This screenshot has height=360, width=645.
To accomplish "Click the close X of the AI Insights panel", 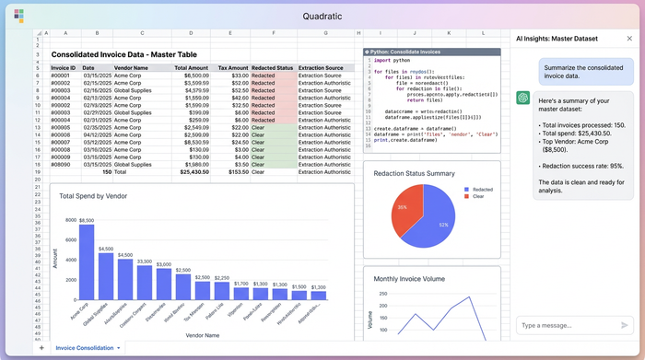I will pyautogui.click(x=629, y=39).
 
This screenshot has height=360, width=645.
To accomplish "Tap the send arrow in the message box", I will pyautogui.click(x=625, y=325).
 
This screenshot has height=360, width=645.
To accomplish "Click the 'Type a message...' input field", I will pyautogui.click(x=567, y=325).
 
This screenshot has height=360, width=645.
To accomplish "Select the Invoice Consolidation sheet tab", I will pyautogui.click(x=86, y=348).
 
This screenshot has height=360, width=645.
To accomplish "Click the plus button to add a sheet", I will pyautogui.click(x=41, y=348).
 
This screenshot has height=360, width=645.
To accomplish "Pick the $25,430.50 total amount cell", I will pyautogui.click(x=191, y=171).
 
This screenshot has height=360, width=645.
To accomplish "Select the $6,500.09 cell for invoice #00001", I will pyautogui.click(x=191, y=75).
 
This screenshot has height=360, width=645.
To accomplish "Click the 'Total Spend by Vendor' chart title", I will pyautogui.click(x=93, y=196).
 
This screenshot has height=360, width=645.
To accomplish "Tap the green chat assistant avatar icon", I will pyautogui.click(x=522, y=98).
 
